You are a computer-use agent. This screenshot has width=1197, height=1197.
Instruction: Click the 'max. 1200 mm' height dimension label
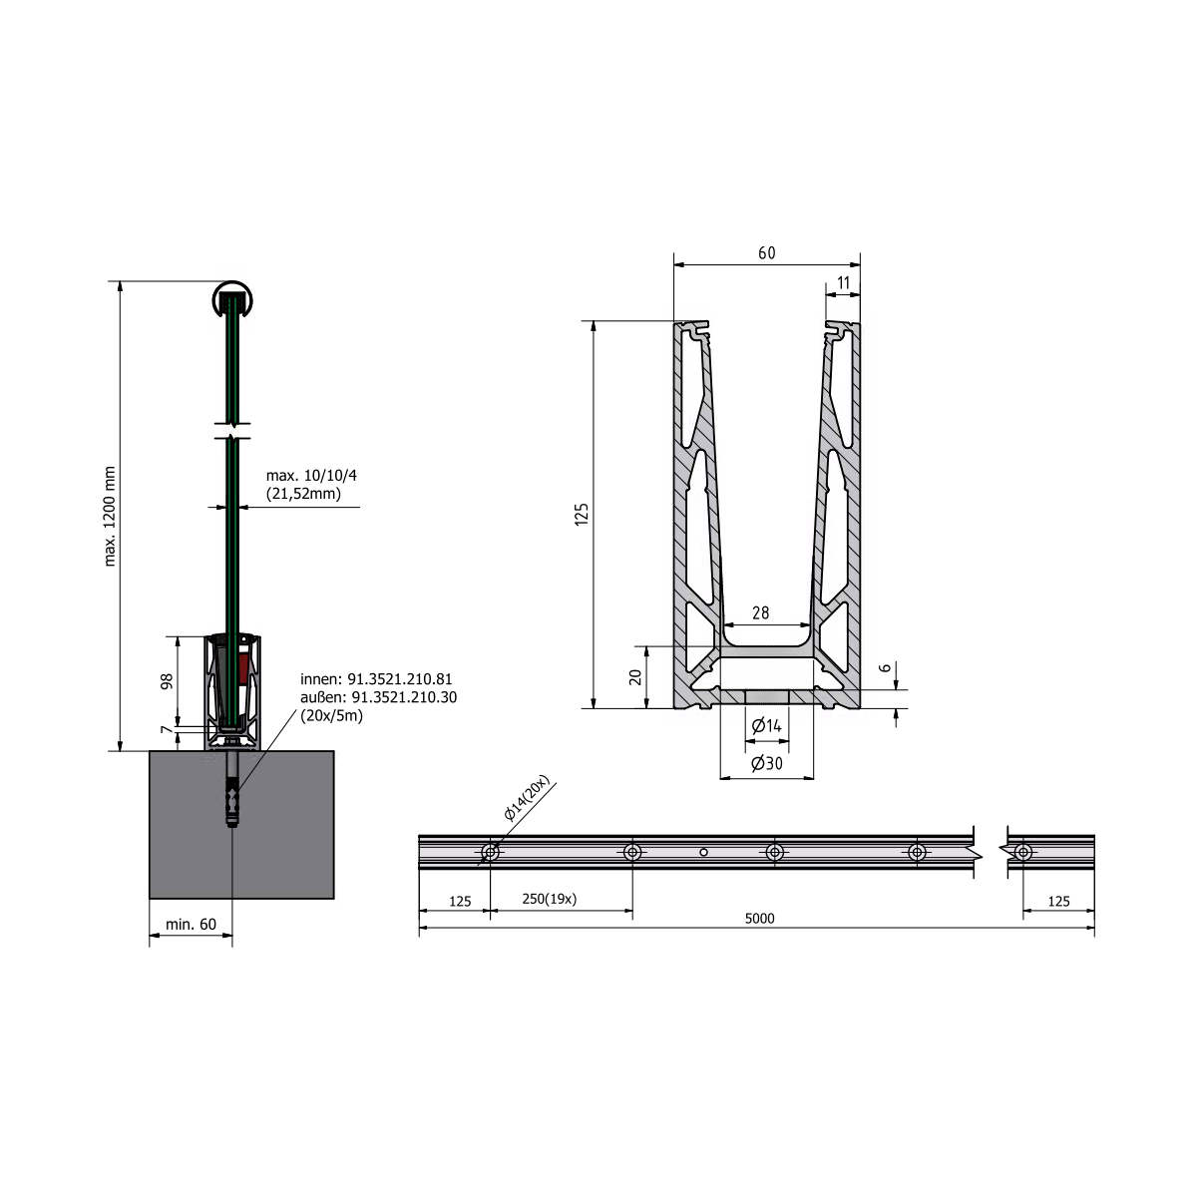pyautogui.click(x=110, y=516)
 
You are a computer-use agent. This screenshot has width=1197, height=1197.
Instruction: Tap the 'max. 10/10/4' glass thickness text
pyautogui.click(x=311, y=476)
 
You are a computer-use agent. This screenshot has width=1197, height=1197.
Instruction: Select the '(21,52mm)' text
pyautogui.click(x=303, y=494)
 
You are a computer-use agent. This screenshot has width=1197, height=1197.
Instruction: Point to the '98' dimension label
pyautogui.click(x=167, y=681)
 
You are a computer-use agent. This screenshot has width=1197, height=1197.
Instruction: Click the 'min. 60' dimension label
pyautogui.click(x=191, y=925)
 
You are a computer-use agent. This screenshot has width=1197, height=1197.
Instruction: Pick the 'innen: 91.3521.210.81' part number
pyautogui.click(x=376, y=679)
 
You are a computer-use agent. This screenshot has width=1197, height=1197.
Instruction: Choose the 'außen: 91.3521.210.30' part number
pyautogui.click(x=378, y=697)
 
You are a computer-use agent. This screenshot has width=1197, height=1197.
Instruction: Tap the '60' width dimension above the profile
pyautogui.click(x=766, y=252)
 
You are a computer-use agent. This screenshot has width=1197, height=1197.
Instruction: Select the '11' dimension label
pyautogui.click(x=843, y=282)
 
